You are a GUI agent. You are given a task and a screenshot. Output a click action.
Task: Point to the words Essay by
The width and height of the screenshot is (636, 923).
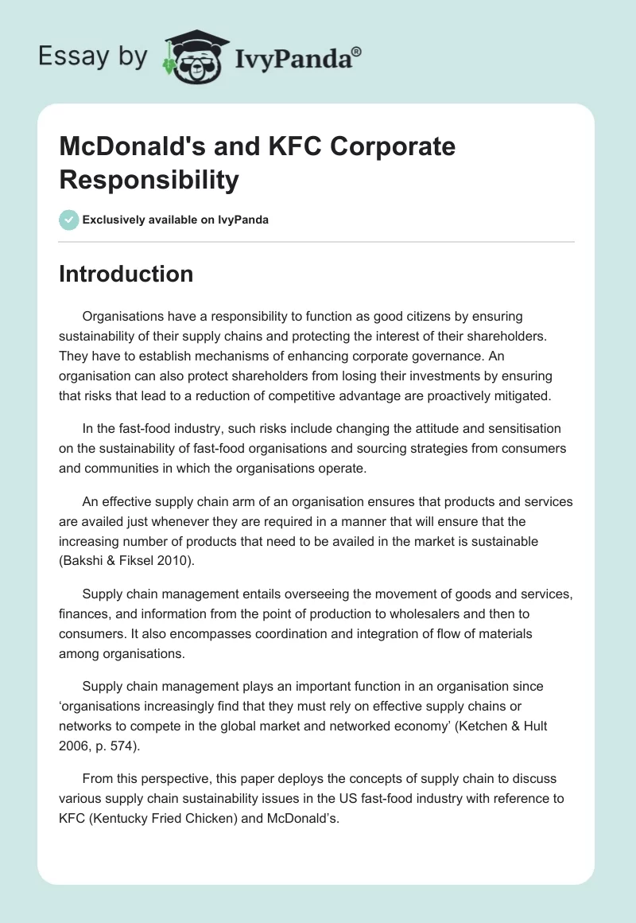pyautogui.click(x=93, y=56)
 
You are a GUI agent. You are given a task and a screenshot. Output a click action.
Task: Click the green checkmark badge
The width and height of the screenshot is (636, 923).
pyautogui.click(x=68, y=220)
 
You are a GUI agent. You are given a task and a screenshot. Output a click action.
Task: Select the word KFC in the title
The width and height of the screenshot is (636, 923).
pyautogui.click(x=283, y=147)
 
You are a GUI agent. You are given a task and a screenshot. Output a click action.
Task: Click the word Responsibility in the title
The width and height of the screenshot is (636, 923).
pyautogui.click(x=149, y=180)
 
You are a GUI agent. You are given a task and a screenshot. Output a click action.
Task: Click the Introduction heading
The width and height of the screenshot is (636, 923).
pyautogui.click(x=126, y=274)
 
